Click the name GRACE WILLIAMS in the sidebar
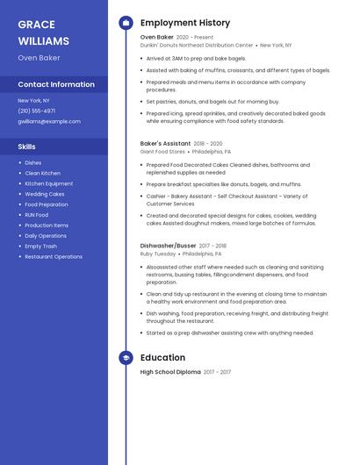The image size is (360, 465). (x=43, y=32)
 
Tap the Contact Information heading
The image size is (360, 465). (x=56, y=84)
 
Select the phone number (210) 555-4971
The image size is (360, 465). (x=37, y=111)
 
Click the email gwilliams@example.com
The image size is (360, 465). (x=49, y=121)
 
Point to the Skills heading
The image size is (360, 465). (x=27, y=147)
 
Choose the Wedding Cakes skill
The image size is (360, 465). (x=45, y=194)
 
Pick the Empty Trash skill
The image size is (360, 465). (x=41, y=247)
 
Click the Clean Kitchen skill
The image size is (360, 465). (x=43, y=173)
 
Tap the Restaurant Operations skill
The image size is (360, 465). (x=54, y=257)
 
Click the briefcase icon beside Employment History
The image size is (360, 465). (x=126, y=23)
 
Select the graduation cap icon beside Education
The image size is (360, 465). (x=126, y=358)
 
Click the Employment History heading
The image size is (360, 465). (x=185, y=23)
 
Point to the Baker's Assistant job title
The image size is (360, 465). (x=165, y=143)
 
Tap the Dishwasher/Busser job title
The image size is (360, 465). (x=169, y=246)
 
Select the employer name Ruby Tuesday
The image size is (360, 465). (x=159, y=254)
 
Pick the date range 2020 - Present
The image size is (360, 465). (x=195, y=38)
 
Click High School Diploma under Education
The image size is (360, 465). (x=170, y=372)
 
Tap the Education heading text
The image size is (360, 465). (x=162, y=358)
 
